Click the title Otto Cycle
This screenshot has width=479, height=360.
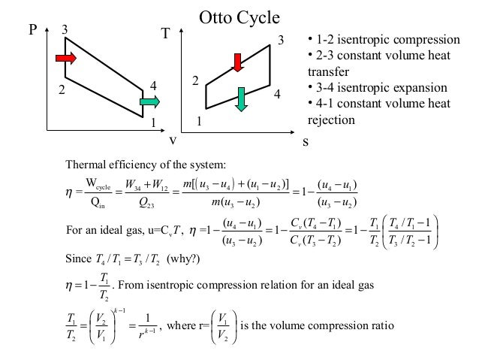(x=239, y=16)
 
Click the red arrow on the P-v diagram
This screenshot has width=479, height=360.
(x=65, y=58)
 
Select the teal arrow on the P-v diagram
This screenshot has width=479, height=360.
(x=149, y=101)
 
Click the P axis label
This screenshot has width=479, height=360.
(x=33, y=32)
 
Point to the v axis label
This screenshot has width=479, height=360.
(x=173, y=141)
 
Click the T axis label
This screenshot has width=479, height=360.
(x=166, y=35)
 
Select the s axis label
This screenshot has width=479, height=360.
(x=306, y=141)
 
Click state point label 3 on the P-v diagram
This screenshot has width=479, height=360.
(x=65, y=30)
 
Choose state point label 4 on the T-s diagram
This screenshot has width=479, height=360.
(x=276, y=95)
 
